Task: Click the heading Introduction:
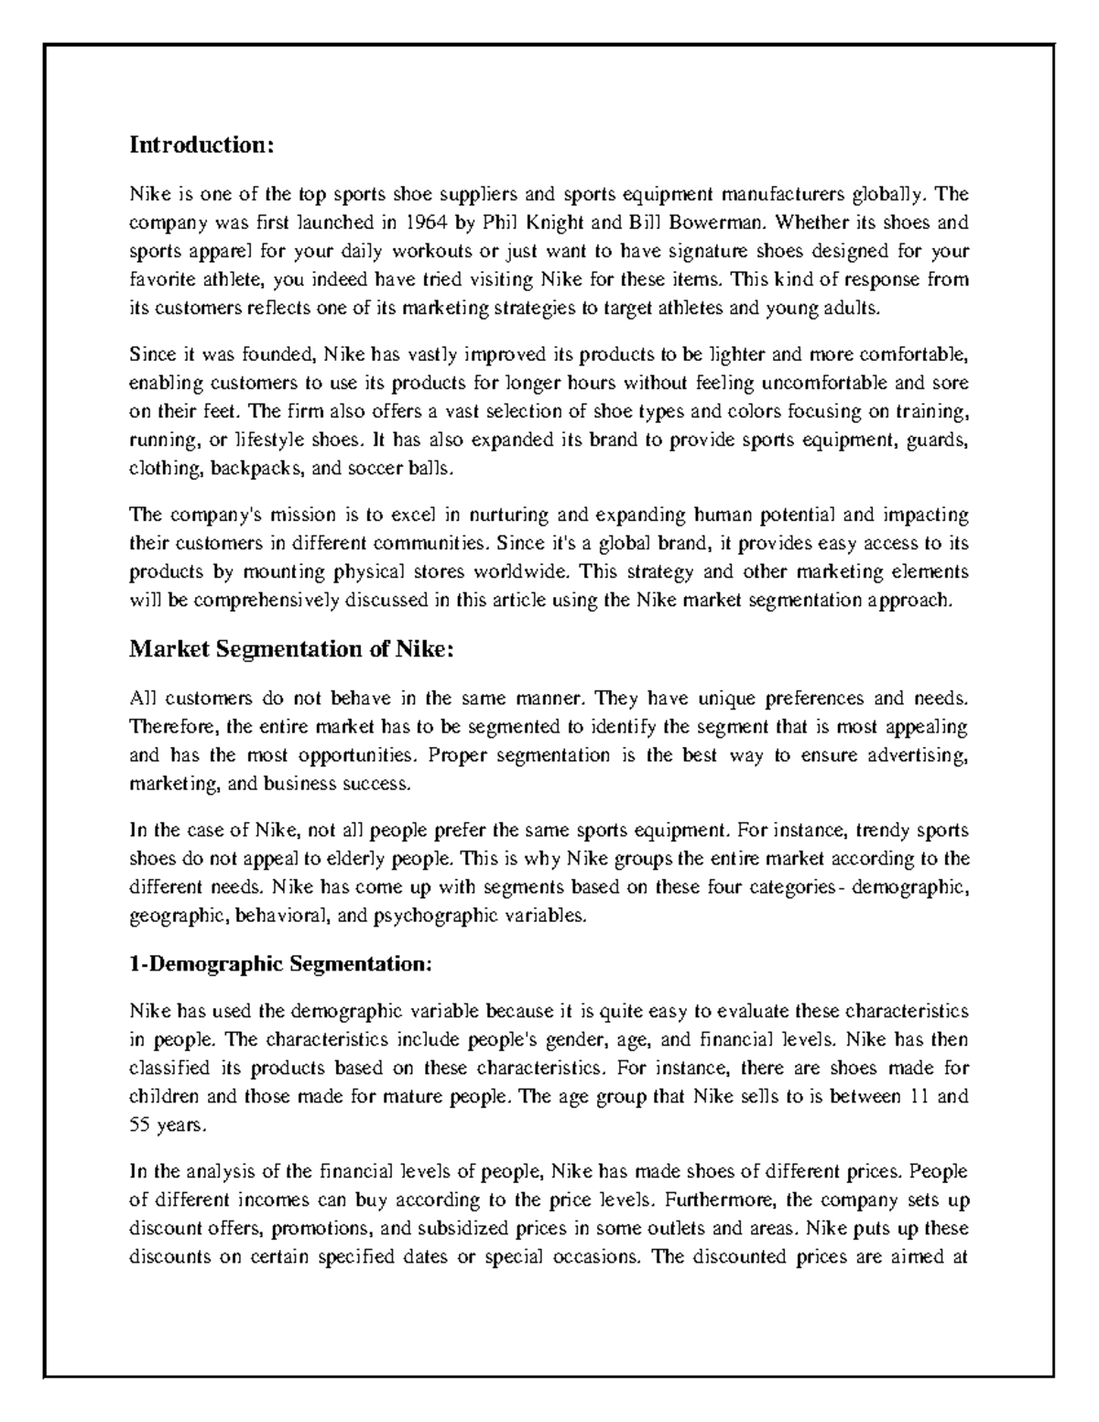(x=201, y=145)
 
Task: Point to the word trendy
(x=884, y=830)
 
